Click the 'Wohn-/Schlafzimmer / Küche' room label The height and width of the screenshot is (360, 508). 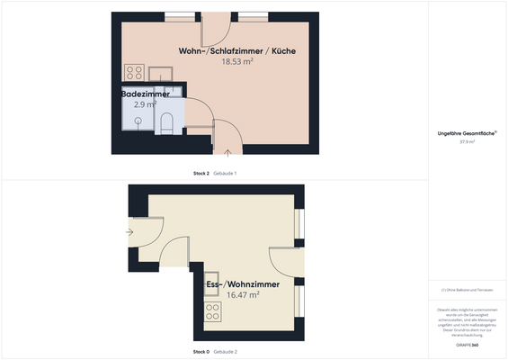point(236,51)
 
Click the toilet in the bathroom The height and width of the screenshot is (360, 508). point(166,123)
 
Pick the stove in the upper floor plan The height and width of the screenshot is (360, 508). point(135,73)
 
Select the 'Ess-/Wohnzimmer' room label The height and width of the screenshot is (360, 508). point(243,284)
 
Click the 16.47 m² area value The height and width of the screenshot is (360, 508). point(243,295)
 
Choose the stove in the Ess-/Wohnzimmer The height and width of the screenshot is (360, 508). point(214,311)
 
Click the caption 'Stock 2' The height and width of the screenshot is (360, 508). point(201,173)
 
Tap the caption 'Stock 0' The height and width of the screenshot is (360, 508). point(201,351)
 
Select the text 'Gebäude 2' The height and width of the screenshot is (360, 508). point(225,351)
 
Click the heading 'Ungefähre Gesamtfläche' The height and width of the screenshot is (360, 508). point(467,133)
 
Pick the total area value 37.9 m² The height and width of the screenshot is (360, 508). point(467,142)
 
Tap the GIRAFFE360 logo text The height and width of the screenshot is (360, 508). point(468,345)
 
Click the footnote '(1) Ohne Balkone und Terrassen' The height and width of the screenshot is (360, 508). point(467,289)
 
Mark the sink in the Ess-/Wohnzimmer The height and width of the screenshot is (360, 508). point(214,295)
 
